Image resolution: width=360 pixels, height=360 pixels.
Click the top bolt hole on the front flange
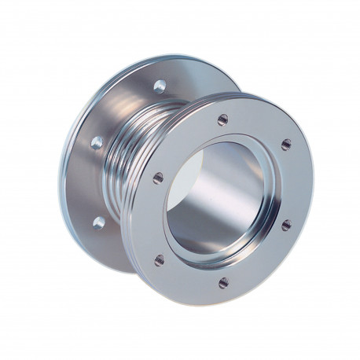coord(222,119)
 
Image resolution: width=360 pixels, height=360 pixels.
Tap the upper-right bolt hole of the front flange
coord(286,145)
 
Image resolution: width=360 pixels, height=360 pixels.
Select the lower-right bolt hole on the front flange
coord(286,225)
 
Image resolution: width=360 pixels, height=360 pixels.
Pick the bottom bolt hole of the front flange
coord(223,282)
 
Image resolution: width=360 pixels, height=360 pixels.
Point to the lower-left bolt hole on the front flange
coord(160,259)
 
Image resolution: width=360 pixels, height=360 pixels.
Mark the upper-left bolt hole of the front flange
coord(158,178)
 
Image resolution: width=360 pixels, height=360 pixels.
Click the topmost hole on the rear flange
coord(160,86)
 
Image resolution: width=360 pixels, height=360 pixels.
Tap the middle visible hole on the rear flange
coord(97,142)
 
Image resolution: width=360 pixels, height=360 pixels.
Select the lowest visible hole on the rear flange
coord(98,222)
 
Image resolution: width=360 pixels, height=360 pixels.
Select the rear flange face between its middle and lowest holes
coord(94,182)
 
